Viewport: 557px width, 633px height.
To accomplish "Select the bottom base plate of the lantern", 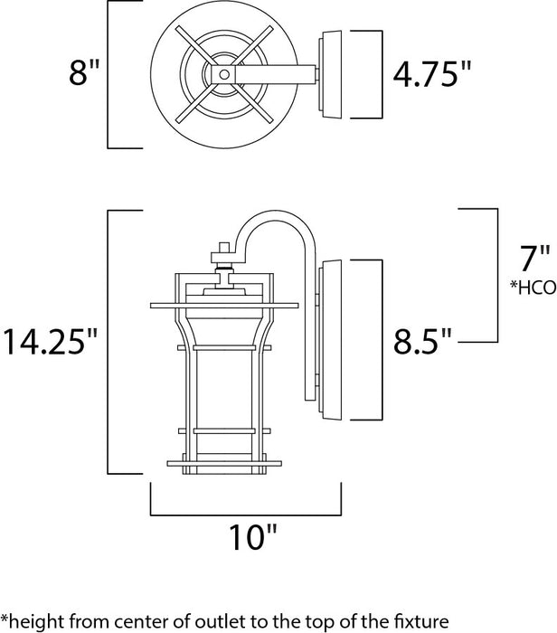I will tap(221, 464).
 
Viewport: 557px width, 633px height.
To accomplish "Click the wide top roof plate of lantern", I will tap(221, 305).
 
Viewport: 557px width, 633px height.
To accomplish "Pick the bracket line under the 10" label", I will tap(245, 513).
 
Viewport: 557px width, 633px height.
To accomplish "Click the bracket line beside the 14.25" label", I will tap(109, 342).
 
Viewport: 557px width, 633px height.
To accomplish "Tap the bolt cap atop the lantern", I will tap(221, 249).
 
